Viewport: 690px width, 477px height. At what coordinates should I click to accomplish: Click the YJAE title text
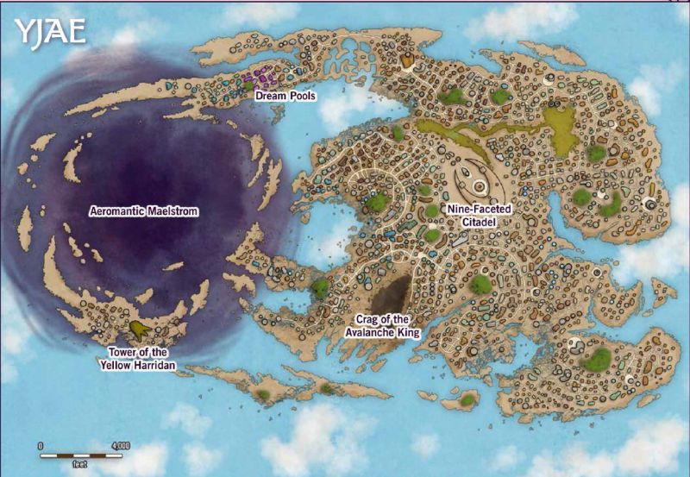(x=49, y=32)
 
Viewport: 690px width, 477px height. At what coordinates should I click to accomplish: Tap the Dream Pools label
(x=285, y=97)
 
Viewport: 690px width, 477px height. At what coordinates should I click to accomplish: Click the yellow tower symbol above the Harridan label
(x=138, y=330)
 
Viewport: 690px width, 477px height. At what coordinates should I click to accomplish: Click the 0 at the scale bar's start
(x=41, y=445)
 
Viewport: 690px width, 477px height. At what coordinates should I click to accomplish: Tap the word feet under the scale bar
(x=79, y=464)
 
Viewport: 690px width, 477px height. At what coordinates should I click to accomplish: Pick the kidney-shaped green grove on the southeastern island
(x=596, y=360)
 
